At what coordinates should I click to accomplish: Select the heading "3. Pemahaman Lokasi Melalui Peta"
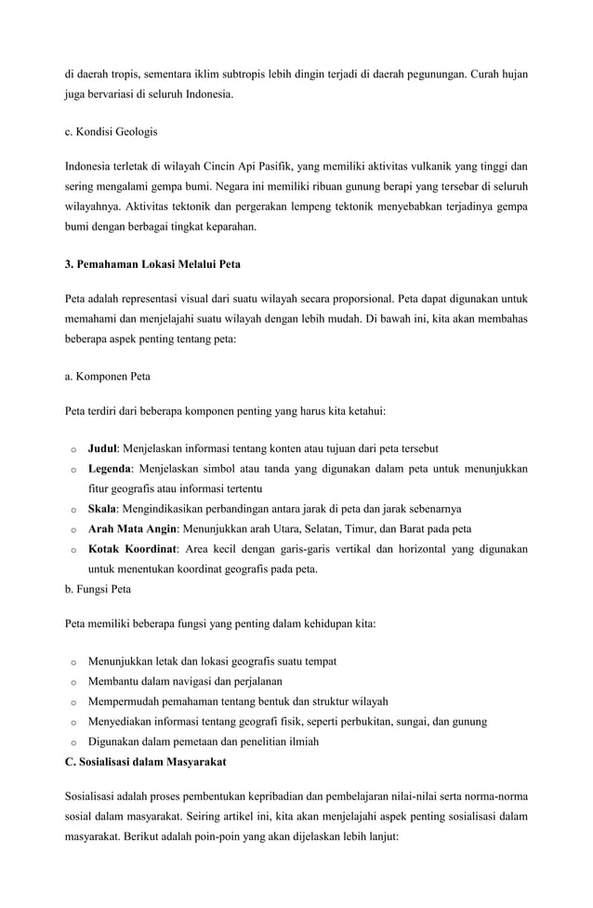[x=152, y=263]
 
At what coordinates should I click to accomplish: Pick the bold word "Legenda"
[x=111, y=468]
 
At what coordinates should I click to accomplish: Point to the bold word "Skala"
[x=103, y=509]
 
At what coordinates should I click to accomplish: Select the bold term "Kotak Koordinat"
[x=133, y=550]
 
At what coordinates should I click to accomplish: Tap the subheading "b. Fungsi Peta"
[x=98, y=589]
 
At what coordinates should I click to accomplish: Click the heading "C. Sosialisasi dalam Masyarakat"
[x=145, y=762]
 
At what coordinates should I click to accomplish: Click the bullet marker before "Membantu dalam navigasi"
[x=72, y=682]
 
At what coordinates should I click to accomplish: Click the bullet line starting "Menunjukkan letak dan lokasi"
[x=212, y=661]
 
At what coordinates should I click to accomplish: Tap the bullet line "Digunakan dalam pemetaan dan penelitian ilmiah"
[x=204, y=741]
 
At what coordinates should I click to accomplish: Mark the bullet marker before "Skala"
[x=72, y=510]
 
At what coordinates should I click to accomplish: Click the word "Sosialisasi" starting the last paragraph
[x=94, y=797]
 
